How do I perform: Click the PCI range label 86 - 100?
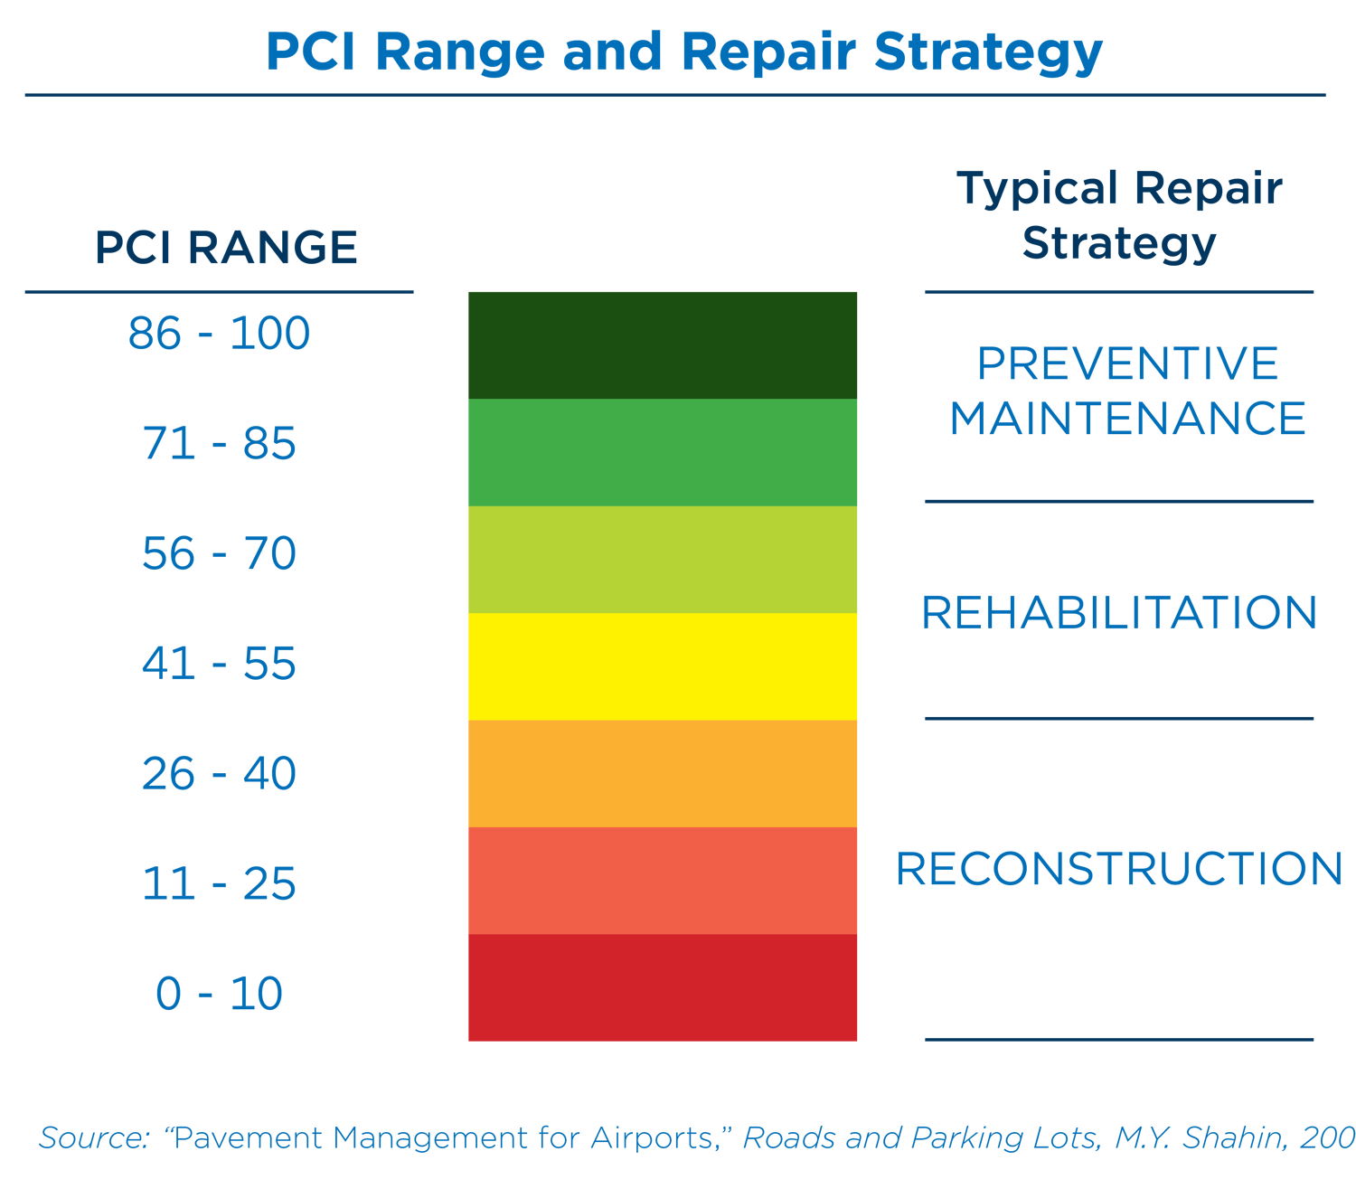point(220,334)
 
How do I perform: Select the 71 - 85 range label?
point(220,444)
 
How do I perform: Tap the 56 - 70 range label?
point(220,553)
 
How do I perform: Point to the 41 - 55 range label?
point(220,664)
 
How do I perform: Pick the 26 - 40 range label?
point(220,774)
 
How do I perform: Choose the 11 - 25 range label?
point(220,883)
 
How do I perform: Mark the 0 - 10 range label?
point(220,994)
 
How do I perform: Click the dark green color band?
point(663,344)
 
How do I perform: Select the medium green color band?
point(663,452)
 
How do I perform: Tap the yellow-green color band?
point(663,560)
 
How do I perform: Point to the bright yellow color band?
point(663,666)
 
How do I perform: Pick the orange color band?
point(663,774)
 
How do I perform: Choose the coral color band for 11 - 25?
point(663,881)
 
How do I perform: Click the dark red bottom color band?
point(663,987)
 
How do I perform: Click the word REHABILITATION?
point(1119,613)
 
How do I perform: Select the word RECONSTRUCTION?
point(1119,869)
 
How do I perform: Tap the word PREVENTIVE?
point(1127,364)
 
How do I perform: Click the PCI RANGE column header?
point(226,248)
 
